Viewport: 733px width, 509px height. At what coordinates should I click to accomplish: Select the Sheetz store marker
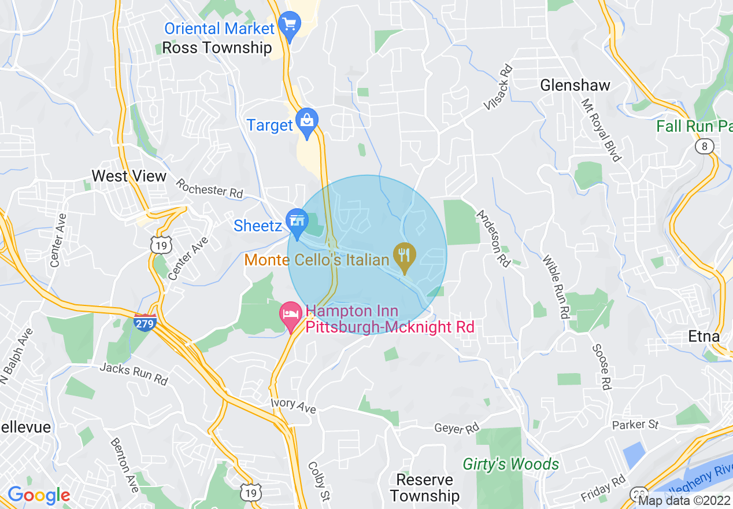click(x=297, y=222)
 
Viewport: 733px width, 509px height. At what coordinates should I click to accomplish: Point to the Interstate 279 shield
click(x=145, y=322)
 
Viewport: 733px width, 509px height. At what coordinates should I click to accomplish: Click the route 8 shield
click(x=704, y=146)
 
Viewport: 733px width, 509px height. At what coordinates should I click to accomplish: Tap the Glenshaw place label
click(x=575, y=86)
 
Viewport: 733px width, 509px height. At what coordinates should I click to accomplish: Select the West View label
click(x=129, y=176)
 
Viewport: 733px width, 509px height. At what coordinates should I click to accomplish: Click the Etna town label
click(x=704, y=336)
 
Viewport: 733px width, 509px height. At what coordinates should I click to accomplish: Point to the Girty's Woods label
click(x=511, y=464)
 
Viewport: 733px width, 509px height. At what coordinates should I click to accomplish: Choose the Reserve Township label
click(x=425, y=488)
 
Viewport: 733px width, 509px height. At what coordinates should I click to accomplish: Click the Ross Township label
click(x=217, y=47)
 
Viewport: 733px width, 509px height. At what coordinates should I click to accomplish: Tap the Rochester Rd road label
click(x=209, y=188)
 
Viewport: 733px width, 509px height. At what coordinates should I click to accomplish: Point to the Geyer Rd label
click(x=457, y=429)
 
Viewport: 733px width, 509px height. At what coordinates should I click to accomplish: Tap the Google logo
click(x=38, y=495)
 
